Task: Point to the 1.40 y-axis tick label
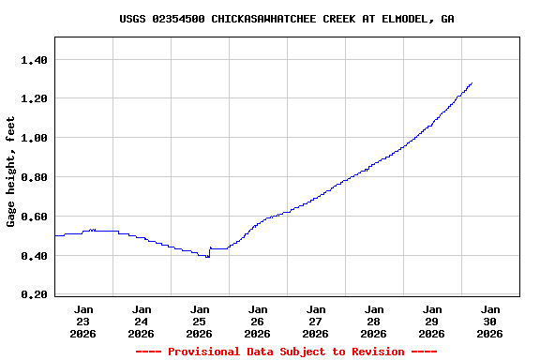(34, 60)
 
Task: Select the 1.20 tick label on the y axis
(34, 99)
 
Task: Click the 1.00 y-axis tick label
(34, 139)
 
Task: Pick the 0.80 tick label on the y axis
(34, 177)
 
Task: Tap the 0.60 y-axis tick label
(34, 217)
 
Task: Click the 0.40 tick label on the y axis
(34, 256)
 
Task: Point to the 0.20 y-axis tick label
(34, 295)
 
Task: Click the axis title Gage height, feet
(11, 172)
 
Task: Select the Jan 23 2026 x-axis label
(83, 321)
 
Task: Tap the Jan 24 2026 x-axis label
(142, 321)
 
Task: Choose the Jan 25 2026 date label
(200, 321)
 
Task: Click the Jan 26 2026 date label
(258, 321)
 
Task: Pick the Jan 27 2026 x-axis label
(316, 321)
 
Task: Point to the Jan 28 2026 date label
(374, 321)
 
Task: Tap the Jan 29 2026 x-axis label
(432, 321)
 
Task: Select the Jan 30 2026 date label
(490, 321)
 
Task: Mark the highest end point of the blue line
(472, 82)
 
